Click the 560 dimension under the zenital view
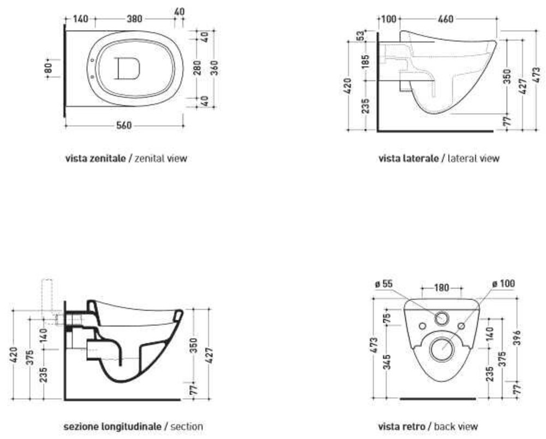(124, 125)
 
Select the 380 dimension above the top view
(134, 19)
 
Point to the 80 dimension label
(49, 67)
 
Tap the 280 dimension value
(197, 68)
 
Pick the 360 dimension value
(214, 68)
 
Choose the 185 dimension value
(365, 62)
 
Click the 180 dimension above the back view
(442, 288)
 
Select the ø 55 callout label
(384, 284)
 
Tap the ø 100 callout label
(503, 284)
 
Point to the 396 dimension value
(518, 337)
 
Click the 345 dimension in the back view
(387, 361)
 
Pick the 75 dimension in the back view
(387, 318)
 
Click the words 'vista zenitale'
(96, 158)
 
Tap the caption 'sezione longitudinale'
(112, 426)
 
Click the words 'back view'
(456, 426)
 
